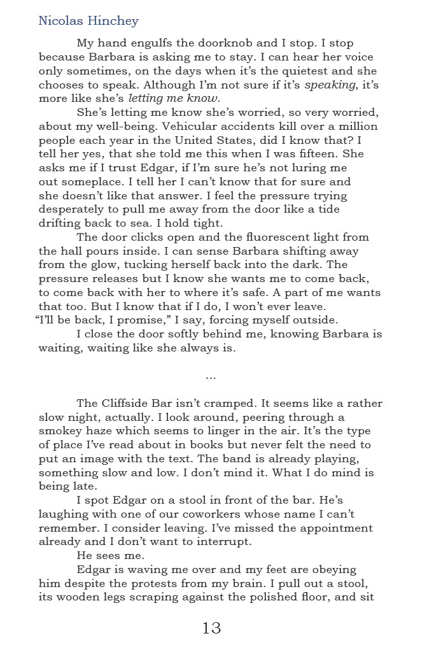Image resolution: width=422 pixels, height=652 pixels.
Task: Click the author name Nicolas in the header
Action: pos(60,21)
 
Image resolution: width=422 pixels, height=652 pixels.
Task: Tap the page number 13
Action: pos(211,628)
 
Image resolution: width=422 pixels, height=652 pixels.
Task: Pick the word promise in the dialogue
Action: pos(138,320)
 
